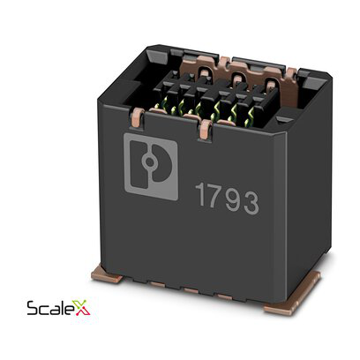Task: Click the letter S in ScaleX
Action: pyautogui.click(x=32, y=310)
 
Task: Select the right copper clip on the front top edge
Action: pyautogui.click(x=205, y=131)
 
